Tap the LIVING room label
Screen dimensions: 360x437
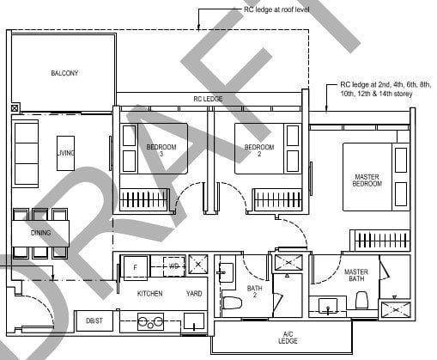point(66,153)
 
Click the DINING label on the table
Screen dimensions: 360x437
point(40,233)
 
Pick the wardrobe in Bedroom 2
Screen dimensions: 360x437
point(277,200)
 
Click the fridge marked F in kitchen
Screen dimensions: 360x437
point(135,267)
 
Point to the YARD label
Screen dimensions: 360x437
point(194,294)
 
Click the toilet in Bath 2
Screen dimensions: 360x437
point(229,302)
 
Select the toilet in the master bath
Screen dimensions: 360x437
point(361,301)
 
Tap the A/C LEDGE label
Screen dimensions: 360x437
point(288,338)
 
